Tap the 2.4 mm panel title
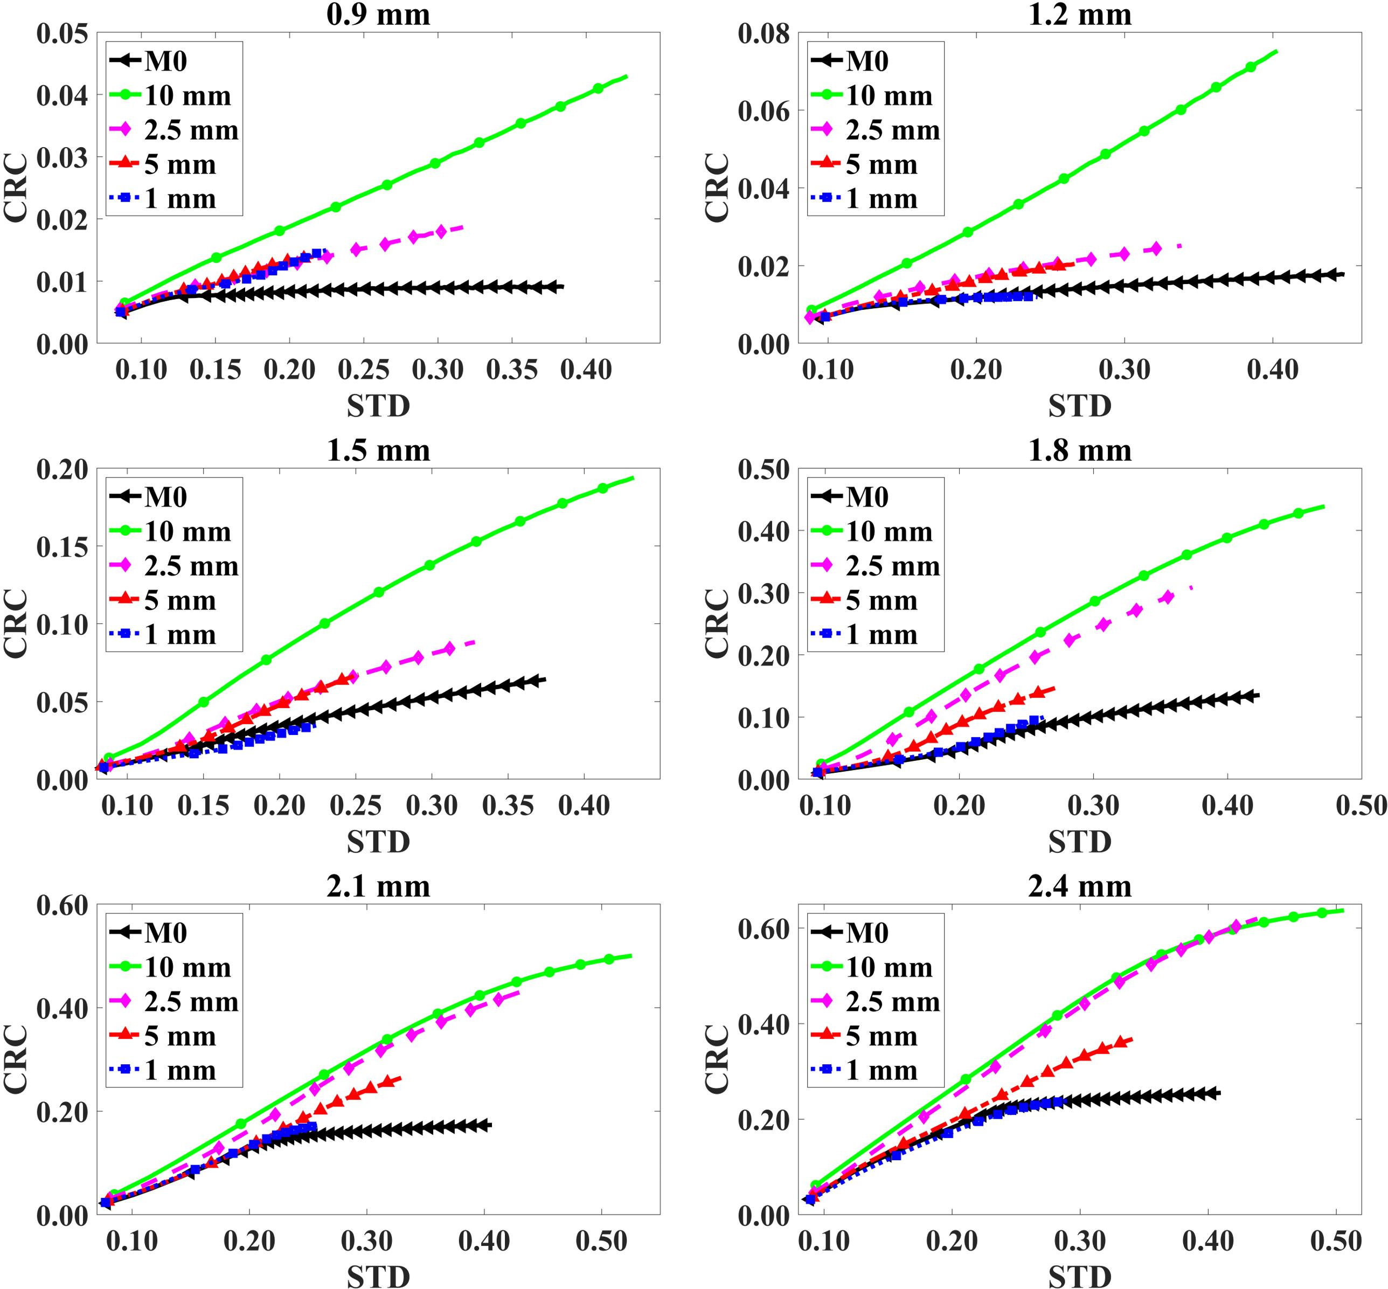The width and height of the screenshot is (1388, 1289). click(x=1079, y=886)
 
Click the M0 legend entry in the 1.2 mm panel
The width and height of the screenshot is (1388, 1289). click(x=867, y=61)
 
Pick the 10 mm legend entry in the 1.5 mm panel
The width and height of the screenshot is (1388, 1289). click(x=187, y=531)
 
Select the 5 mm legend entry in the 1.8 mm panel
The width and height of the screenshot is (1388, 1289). click(x=881, y=600)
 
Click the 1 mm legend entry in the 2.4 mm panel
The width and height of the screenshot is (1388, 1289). click(x=881, y=1070)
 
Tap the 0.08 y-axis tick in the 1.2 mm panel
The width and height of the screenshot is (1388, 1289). click(x=764, y=33)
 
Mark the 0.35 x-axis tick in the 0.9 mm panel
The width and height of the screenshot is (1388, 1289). click(x=512, y=370)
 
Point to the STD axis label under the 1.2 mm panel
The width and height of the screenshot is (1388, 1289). click(x=1079, y=406)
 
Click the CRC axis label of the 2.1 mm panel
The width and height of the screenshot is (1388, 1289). click(x=16, y=1059)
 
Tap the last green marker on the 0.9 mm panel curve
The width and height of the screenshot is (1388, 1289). click(x=598, y=88)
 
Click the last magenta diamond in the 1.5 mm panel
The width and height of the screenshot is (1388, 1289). click(x=449, y=648)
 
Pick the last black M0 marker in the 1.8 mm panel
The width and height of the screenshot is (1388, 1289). click(x=1252, y=695)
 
